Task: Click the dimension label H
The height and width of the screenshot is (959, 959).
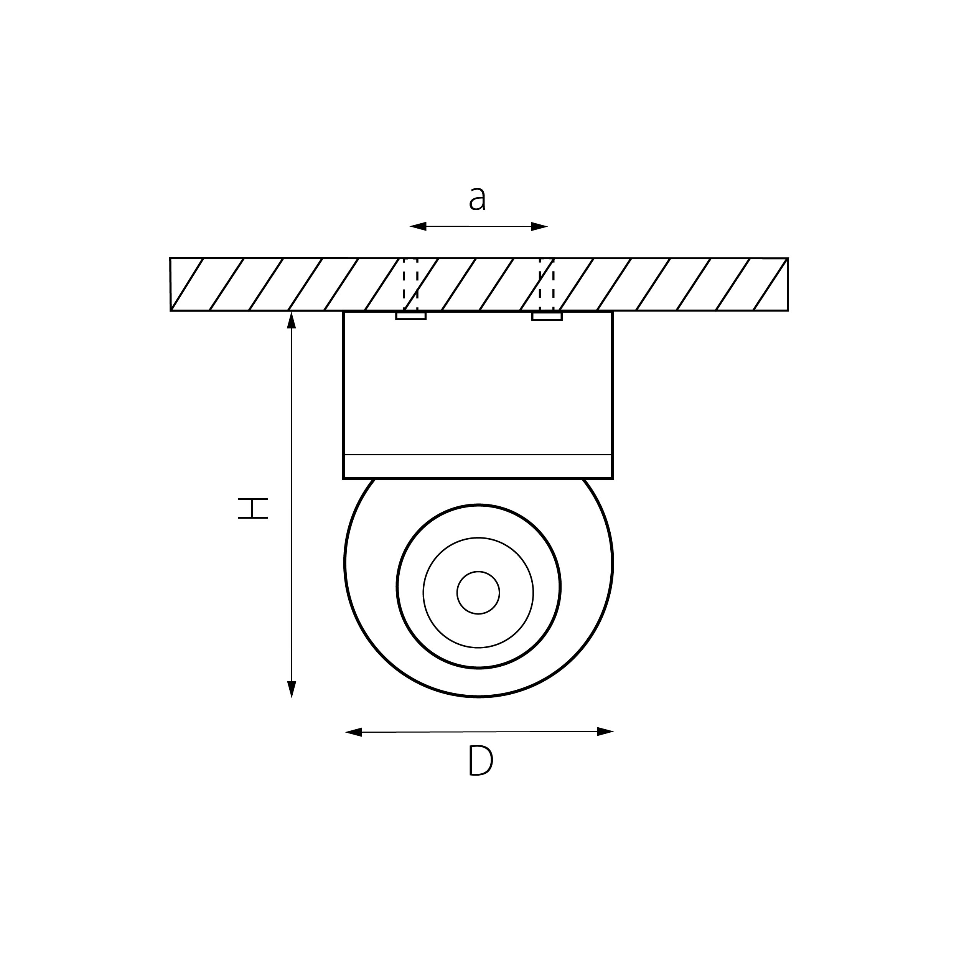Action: click(x=253, y=509)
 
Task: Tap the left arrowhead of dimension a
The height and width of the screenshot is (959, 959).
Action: click(x=418, y=227)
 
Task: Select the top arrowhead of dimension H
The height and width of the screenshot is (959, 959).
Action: click(x=292, y=320)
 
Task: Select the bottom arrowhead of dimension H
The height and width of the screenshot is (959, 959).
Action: click(x=292, y=689)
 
